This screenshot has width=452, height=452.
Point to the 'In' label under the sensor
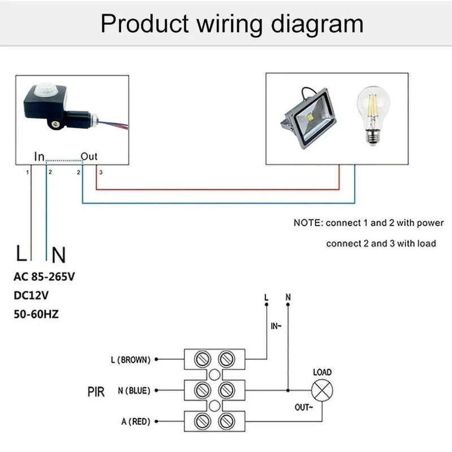[x=39, y=156]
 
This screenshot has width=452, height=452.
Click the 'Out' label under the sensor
[x=89, y=156]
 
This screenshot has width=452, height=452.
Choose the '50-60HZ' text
[x=36, y=313]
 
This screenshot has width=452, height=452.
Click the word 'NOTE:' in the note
[x=308, y=223]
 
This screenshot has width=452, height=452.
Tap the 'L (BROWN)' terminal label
[x=131, y=359]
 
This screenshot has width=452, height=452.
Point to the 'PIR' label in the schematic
[x=96, y=391]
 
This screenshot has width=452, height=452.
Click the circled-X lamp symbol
[x=322, y=390]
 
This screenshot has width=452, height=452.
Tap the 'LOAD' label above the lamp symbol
[x=322, y=372]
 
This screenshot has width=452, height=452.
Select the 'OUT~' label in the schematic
[x=305, y=407]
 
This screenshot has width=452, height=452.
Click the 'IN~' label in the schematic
[x=276, y=327]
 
